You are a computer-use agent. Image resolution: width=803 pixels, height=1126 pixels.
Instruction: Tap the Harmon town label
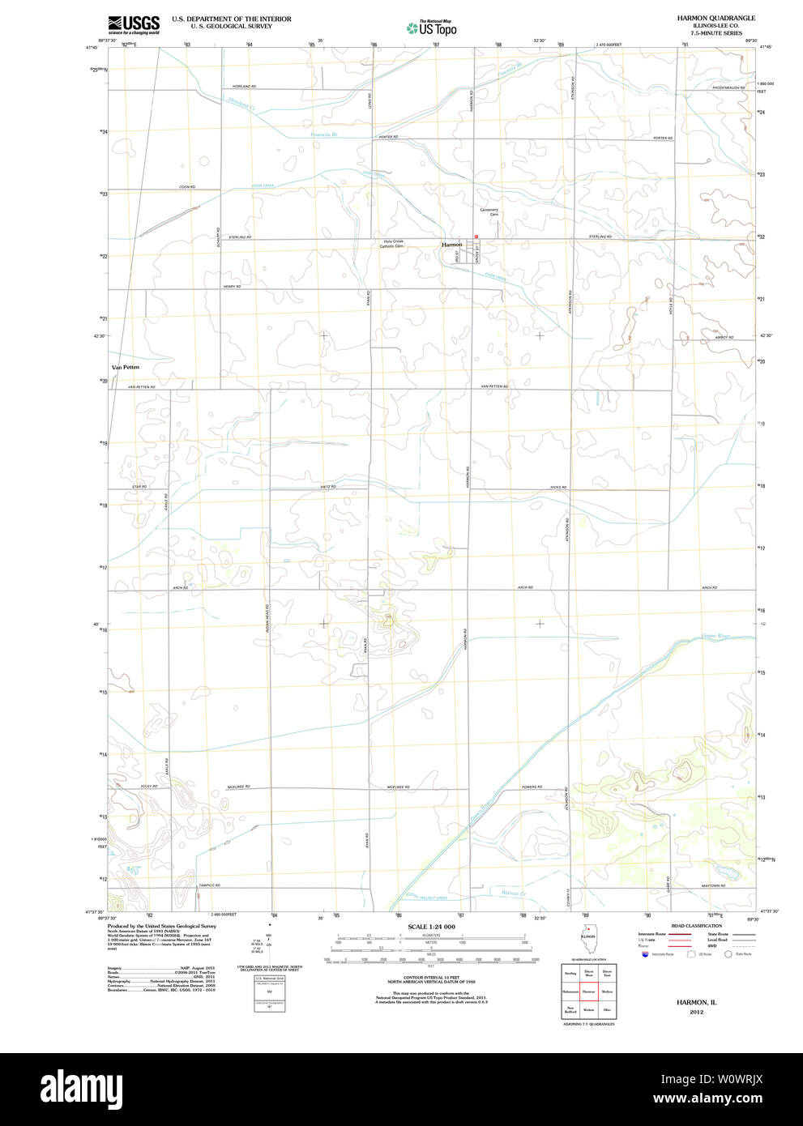pyautogui.click(x=451, y=244)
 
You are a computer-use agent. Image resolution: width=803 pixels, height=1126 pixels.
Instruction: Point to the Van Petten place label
pyautogui.click(x=126, y=367)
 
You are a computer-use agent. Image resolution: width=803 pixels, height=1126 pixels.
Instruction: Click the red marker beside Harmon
pyautogui.click(x=476, y=237)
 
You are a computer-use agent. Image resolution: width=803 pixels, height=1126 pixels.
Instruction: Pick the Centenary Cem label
pyautogui.click(x=489, y=212)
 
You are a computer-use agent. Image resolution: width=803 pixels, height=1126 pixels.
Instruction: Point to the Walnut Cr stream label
pyautogui.click(x=513, y=894)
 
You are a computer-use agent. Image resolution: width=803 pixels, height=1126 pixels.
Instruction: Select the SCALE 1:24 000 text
pyautogui.click(x=431, y=927)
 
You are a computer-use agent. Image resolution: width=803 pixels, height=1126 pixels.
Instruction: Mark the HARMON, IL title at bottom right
pyautogui.click(x=697, y=1002)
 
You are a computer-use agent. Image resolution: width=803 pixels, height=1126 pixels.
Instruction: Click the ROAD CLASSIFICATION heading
pyautogui.click(x=696, y=926)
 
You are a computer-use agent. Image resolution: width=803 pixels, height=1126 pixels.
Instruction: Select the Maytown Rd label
pyautogui.click(x=713, y=885)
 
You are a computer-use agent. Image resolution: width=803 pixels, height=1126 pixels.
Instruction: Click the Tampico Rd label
pyautogui.click(x=209, y=885)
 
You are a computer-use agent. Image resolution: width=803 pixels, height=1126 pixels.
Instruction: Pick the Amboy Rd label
pyautogui.click(x=723, y=338)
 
